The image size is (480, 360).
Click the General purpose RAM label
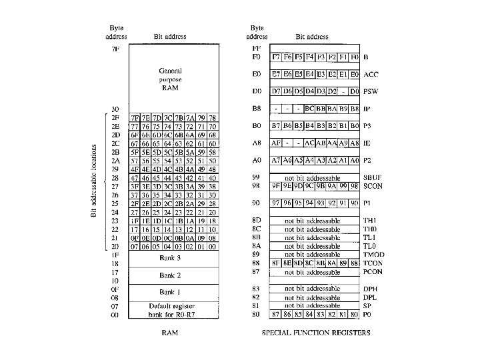171,79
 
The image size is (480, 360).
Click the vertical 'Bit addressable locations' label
93,180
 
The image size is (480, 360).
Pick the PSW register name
373,91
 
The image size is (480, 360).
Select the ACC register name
373,74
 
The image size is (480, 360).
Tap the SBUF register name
375,179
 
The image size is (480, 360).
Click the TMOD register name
375,254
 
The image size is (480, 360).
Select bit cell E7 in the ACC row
275,74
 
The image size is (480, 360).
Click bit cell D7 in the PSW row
275,91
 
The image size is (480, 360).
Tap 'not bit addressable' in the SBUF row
311,179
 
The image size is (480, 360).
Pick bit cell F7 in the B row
275,57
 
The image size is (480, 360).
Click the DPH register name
371,288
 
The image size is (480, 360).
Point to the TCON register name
375,263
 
